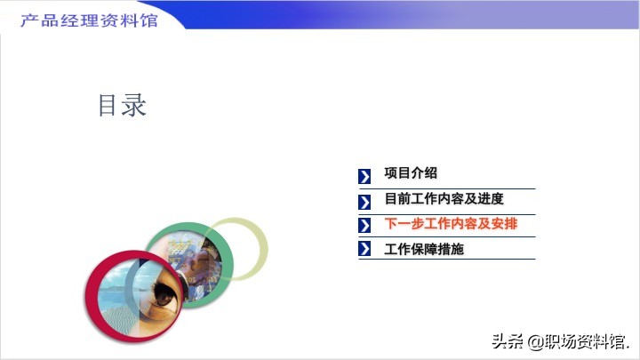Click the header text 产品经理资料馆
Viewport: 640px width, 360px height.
click(x=89, y=20)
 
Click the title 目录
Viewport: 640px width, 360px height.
click(x=122, y=105)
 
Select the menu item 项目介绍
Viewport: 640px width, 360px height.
click(x=411, y=173)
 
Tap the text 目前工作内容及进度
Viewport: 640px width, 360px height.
click(x=444, y=199)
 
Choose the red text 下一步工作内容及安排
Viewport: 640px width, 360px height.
click(x=451, y=224)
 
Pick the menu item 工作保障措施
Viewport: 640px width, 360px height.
click(x=424, y=249)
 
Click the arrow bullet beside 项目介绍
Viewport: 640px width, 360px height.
click(x=364, y=176)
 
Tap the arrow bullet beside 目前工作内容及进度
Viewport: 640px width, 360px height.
click(x=364, y=202)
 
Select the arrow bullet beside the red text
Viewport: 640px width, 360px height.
click(x=364, y=225)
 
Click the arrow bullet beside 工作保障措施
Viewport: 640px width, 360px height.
click(x=364, y=249)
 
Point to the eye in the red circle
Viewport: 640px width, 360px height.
click(x=165, y=295)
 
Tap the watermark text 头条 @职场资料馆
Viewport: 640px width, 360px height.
click(x=560, y=341)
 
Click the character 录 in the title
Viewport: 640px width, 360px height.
click(x=134, y=105)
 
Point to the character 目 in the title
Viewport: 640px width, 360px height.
click(x=107, y=105)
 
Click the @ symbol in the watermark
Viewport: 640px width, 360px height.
click(x=535, y=342)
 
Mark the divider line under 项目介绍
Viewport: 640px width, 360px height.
click(x=447, y=189)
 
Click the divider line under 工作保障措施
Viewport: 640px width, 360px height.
click(x=447, y=259)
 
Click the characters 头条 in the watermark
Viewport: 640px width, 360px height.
click(x=508, y=341)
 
